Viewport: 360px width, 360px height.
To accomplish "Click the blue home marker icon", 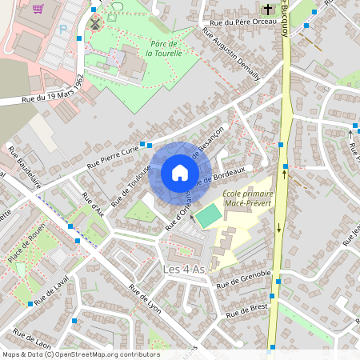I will (x=179, y=173).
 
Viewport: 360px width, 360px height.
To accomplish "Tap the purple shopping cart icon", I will (x=38, y=10).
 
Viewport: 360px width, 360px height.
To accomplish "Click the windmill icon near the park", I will (x=95, y=23).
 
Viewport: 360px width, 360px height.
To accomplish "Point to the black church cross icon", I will (x=266, y=10).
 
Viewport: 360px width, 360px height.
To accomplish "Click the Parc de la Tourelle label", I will (x=164, y=48).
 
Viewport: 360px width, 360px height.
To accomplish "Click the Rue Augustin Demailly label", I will (x=232, y=55).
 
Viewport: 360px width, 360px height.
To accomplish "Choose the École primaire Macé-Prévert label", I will (x=248, y=198).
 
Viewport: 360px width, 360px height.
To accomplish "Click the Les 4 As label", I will (x=184, y=269).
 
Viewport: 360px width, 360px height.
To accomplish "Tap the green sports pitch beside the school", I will (x=210, y=215).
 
